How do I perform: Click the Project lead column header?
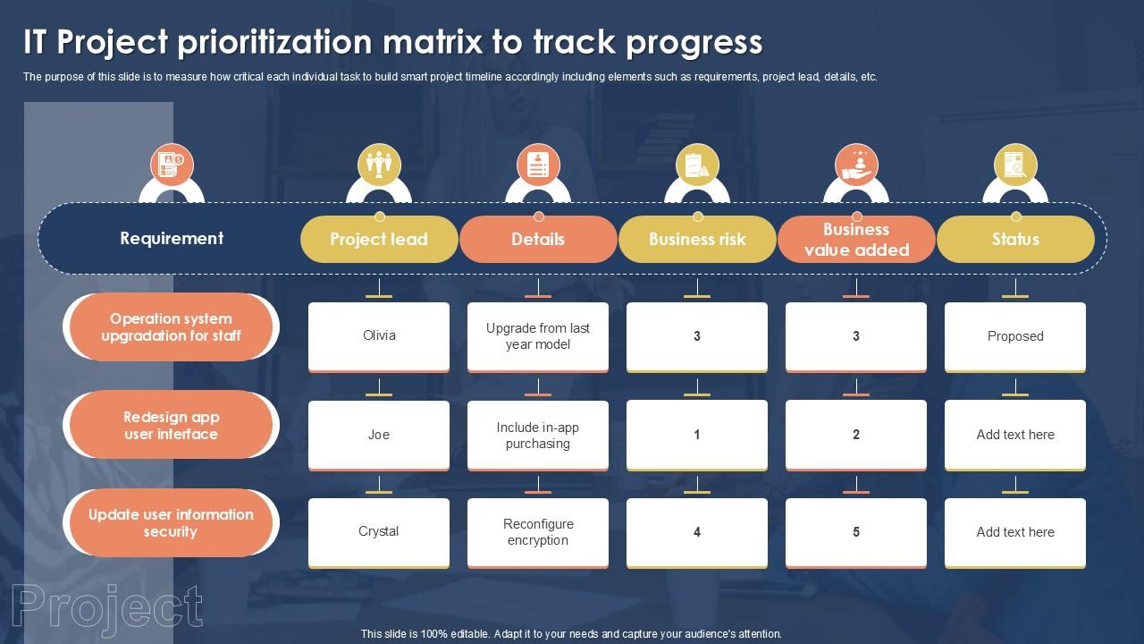coord(379,239)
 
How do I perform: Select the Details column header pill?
coord(538,239)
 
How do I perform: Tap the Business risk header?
coord(697,239)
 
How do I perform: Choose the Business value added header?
coord(856,240)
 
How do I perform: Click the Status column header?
coord(1015,239)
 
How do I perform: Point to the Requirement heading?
coord(172,238)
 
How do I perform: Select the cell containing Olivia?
coord(379,335)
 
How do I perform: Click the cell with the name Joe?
coord(379,435)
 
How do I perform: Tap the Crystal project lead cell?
coord(379,531)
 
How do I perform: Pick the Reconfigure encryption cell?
coord(538,532)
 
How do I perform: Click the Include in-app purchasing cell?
coord(538,435)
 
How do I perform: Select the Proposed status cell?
coord(1015,336)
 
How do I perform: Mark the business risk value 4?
coord(697,532)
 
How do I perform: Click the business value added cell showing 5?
coord(856,532)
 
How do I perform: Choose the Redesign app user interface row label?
coord(171,426)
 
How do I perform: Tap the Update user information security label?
coord(171,523)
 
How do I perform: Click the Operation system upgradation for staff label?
coord(171,327)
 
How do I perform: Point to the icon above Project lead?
coord(379,165)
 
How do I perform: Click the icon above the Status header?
coord(1015,165)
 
